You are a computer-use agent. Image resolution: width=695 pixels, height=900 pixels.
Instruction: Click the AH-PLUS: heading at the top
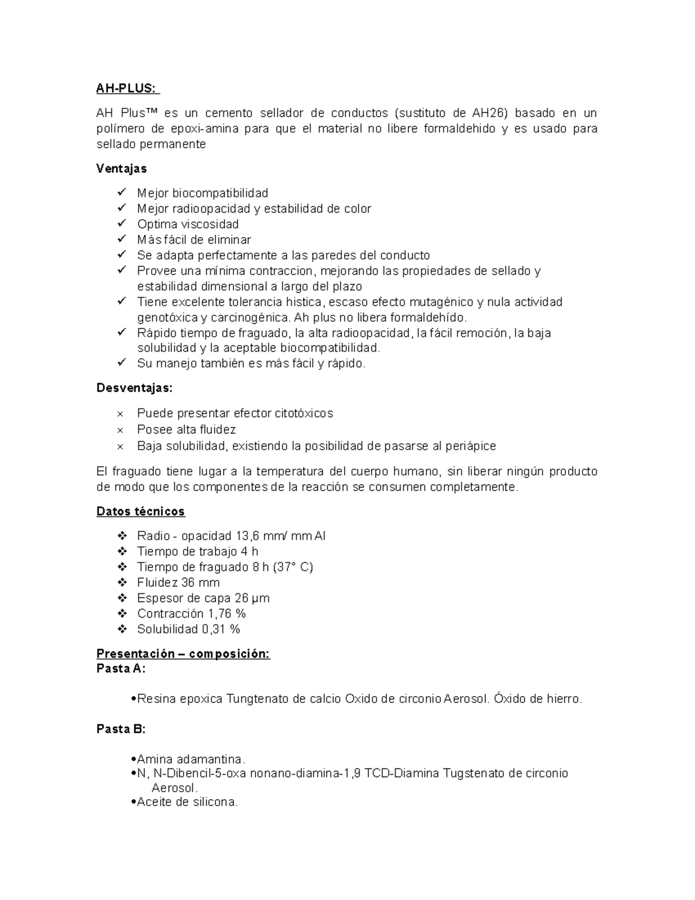tap(126, 89)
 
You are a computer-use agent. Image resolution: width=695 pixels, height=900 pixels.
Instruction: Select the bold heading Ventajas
tap(121, 169)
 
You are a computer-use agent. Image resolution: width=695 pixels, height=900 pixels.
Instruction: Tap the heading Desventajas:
tap(134, 388)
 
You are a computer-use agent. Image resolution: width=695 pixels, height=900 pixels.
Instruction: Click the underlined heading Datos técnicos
tap(140, 511)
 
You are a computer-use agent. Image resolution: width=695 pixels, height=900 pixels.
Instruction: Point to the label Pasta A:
tap(120, 668)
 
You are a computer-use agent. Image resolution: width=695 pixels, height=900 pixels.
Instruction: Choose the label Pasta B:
tap(120, 729)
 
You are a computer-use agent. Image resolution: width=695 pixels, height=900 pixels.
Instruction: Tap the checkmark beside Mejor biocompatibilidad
tap(121, 192)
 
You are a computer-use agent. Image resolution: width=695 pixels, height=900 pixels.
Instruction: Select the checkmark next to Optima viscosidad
tap(121, 224)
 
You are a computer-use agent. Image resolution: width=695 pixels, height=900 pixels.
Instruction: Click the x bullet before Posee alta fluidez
tap(120, 430)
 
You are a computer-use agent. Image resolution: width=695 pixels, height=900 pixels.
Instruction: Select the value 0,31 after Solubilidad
tap(213, 629)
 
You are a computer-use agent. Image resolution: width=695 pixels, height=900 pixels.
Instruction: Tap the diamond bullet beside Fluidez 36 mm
tap(122, 582)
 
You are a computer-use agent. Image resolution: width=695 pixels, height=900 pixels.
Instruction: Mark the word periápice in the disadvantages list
tap(470, 446)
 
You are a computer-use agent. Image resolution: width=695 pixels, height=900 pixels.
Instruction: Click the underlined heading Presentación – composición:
tap(183, 654)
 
